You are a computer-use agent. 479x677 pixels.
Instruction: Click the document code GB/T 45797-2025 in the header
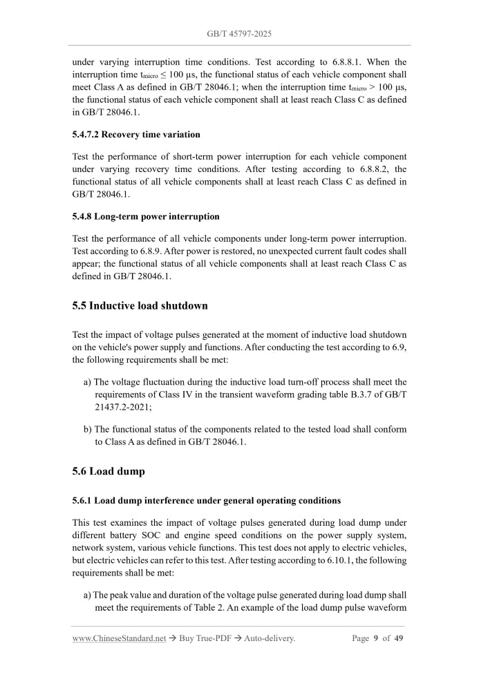point(239,33)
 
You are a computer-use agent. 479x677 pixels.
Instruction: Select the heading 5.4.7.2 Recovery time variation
point(136,134)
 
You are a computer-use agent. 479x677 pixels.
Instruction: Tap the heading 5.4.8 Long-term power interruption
point(146,216)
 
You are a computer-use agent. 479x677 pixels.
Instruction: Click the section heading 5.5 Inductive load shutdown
point(140,305)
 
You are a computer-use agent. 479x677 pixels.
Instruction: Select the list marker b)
point(87,429)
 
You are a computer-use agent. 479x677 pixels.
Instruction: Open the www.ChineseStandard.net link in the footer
point(119,638)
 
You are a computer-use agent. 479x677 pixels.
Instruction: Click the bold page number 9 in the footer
point(375,638)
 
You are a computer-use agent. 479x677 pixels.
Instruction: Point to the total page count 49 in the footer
point(399,638)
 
